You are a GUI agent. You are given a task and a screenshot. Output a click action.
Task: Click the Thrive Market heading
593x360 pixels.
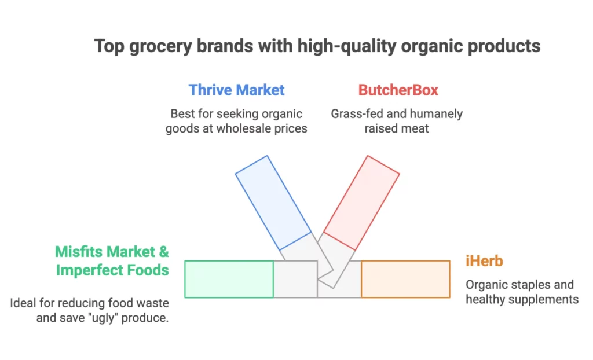[x=236, y=90]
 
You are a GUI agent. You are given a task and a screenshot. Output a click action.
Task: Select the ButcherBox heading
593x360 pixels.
[x=398, y=90]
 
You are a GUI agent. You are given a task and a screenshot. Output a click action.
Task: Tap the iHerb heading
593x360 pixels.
[x=484, y=261]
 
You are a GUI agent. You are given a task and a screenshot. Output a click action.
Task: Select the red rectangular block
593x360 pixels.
[x=361, y=203]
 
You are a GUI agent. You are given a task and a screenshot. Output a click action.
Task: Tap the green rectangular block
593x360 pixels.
[x=229, y=279]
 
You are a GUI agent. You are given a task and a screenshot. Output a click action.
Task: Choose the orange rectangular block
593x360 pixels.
[x=405, y=279]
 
